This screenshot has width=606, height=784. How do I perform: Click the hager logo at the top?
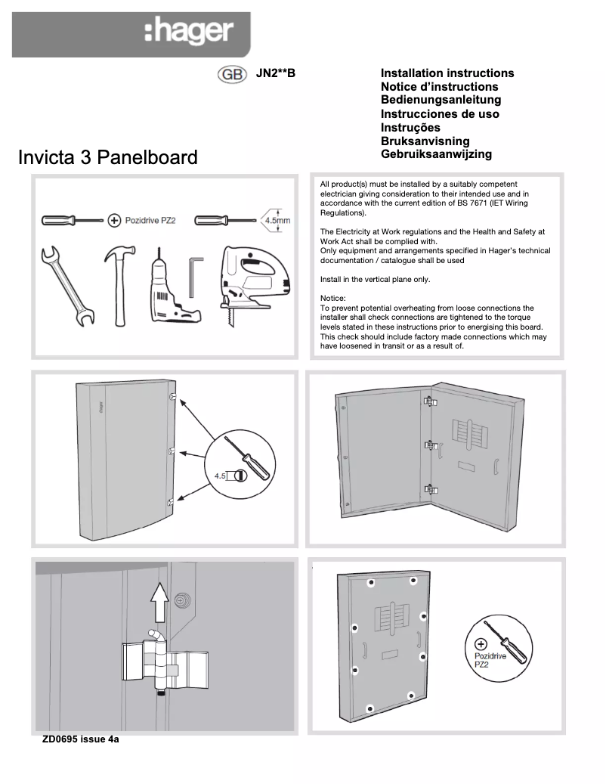(x=188, y=33)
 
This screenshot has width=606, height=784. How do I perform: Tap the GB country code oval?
(x=231, y=75)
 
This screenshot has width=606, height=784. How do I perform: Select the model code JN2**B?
(x=276, y=73)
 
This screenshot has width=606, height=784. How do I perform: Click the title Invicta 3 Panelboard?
(x=107, y=157)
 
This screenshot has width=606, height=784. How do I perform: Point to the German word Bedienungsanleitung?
(x=441, y=100)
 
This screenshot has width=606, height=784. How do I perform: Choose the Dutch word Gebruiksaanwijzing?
(x=436, y=154)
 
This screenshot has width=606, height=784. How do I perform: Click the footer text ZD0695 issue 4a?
(x=81, y=739)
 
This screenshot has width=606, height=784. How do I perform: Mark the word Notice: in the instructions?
(x=333, y=299)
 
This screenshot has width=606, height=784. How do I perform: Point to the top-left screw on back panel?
(x=369, y=583)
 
